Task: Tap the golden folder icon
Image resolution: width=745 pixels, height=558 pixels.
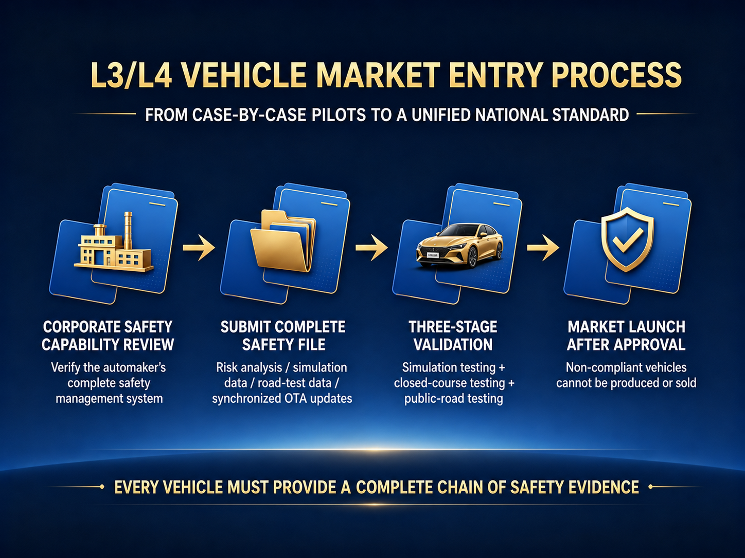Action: [283, 241]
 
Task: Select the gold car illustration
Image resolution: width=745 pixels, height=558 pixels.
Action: [459, 246]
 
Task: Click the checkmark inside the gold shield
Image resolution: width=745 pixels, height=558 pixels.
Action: [628, 240]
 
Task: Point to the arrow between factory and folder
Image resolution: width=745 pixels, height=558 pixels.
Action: [199, 248]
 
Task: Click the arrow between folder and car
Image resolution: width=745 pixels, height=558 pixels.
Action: [371, 248]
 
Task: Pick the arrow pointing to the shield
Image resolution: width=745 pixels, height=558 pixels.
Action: [543, 248]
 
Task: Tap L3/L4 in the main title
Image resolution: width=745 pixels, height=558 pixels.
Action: [131, 75]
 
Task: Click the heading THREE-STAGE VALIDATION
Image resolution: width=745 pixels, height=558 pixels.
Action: [453, 336]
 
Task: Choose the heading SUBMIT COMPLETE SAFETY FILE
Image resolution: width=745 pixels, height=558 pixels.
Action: [283, 336]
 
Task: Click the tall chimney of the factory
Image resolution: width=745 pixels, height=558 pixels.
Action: [128, 231]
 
